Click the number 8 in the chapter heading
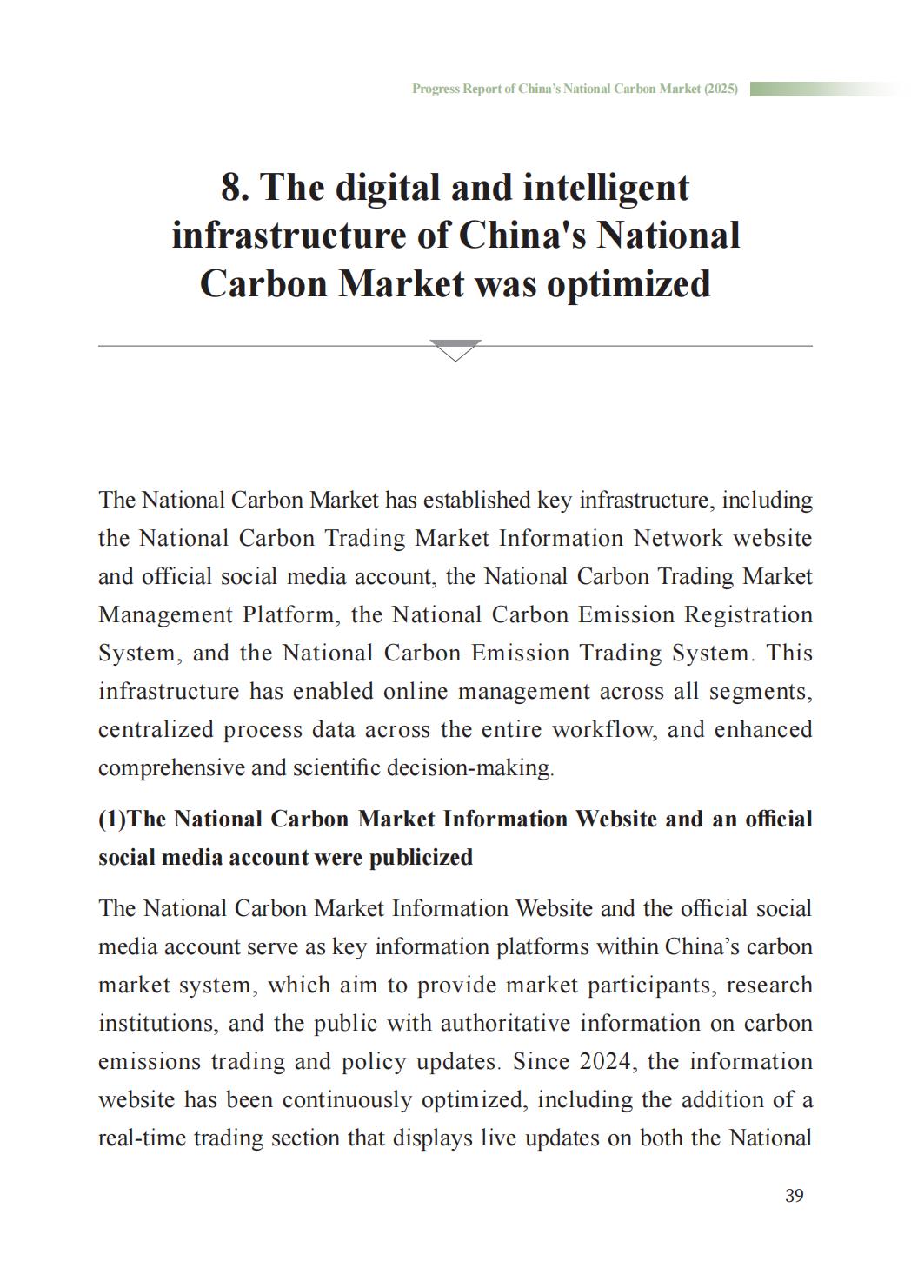[230, 188]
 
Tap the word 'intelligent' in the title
[605, 188]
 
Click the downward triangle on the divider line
[455, 349]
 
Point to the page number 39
[794, 1196]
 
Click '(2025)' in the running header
[721, 89]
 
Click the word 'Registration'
[748, 614]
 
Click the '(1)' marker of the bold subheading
[112, 819]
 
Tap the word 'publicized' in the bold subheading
[421, 857]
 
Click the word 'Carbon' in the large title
[262, 283]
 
